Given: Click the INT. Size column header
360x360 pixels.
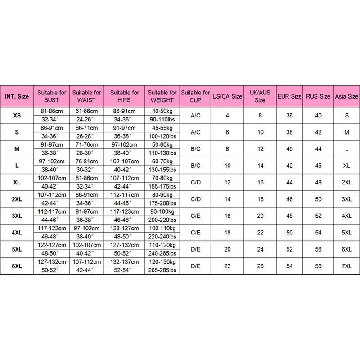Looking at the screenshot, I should [17, 96].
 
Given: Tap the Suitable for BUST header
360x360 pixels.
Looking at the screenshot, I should [52, 96].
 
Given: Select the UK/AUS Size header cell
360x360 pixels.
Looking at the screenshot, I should [260, 96].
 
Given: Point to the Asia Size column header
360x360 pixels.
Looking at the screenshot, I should [346, 96].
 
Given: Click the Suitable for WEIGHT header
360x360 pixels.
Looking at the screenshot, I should [162, 96].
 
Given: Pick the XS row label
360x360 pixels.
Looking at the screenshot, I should [17, 116].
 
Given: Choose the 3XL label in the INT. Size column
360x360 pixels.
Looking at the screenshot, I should [17, 216].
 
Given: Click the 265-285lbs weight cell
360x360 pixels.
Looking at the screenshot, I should [162, 270].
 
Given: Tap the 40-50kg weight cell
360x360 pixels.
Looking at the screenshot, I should [162, 111].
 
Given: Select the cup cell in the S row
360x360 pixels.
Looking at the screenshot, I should [196, 132].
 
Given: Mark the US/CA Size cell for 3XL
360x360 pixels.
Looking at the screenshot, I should [227, 216].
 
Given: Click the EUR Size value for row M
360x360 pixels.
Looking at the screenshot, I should [289, 149].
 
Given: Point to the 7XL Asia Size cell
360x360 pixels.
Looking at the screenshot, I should [346, 266].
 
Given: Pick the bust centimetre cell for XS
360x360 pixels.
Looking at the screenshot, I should [52, 111].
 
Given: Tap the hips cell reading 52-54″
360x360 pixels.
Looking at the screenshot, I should [124, 270].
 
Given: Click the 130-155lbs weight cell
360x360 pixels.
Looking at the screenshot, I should [162, 170].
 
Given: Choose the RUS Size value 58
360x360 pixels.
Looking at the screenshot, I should [318, 266].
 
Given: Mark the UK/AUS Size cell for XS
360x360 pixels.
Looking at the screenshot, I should [260, 116].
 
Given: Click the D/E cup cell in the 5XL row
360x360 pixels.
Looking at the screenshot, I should [196, 249].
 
